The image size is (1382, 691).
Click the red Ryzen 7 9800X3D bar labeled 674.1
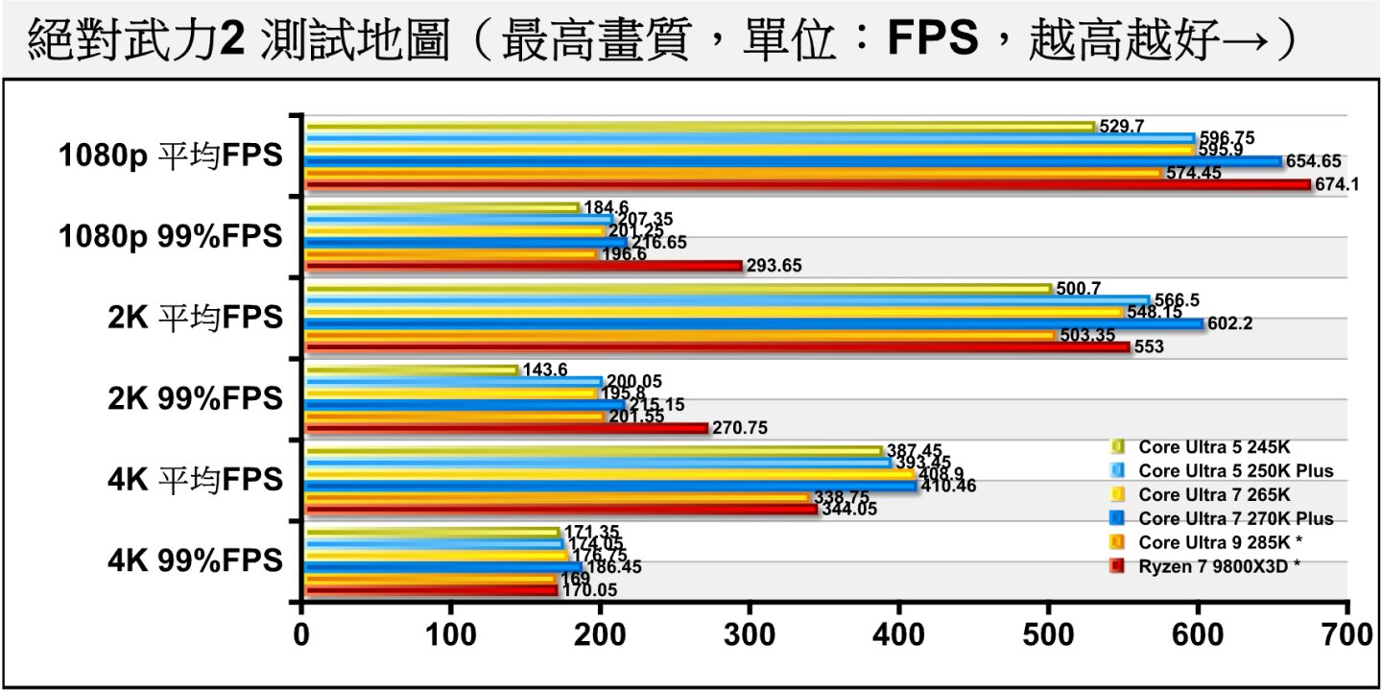806,185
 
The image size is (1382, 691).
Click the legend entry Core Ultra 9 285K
1210,542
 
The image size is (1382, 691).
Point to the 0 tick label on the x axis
302,635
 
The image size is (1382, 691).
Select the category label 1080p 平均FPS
172,155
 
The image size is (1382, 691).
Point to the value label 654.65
1313,161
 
